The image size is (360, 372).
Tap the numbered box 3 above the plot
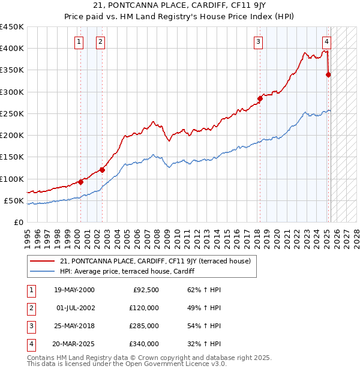258,41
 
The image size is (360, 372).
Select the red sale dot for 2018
260,98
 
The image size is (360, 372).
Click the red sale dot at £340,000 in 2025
328,74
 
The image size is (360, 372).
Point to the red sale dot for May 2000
80,182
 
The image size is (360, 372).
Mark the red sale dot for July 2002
102,170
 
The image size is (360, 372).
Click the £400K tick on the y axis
12,49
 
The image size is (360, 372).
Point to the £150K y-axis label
12,157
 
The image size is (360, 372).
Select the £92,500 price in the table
146,290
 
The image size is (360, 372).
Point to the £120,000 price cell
144,308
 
